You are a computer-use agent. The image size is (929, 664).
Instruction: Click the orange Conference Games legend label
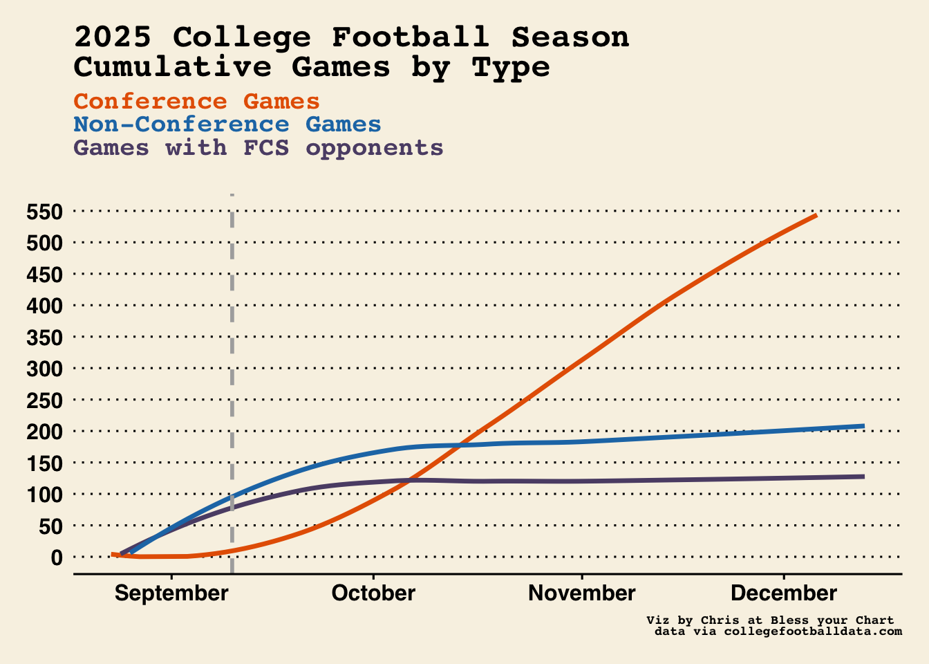(197, 102)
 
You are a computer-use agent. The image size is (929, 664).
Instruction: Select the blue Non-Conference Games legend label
(227, 124)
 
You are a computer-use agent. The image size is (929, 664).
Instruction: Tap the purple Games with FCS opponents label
(259, 148)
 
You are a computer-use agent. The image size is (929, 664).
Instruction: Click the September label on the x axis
(171, 593)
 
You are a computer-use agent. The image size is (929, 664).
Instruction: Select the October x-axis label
(373, 593)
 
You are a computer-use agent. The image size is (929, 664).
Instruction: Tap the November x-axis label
(582, 593)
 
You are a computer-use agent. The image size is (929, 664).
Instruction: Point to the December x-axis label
(784, 593)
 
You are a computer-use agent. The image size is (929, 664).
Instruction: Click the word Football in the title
(410, 37)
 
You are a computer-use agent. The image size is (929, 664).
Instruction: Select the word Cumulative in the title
(173, 68)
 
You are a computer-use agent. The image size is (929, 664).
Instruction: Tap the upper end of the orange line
(816, 215)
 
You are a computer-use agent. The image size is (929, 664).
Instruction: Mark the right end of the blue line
(863, 426)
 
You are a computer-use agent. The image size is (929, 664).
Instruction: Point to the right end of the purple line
(863, 477)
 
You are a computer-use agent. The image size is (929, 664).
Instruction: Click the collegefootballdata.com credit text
(812, 631)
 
